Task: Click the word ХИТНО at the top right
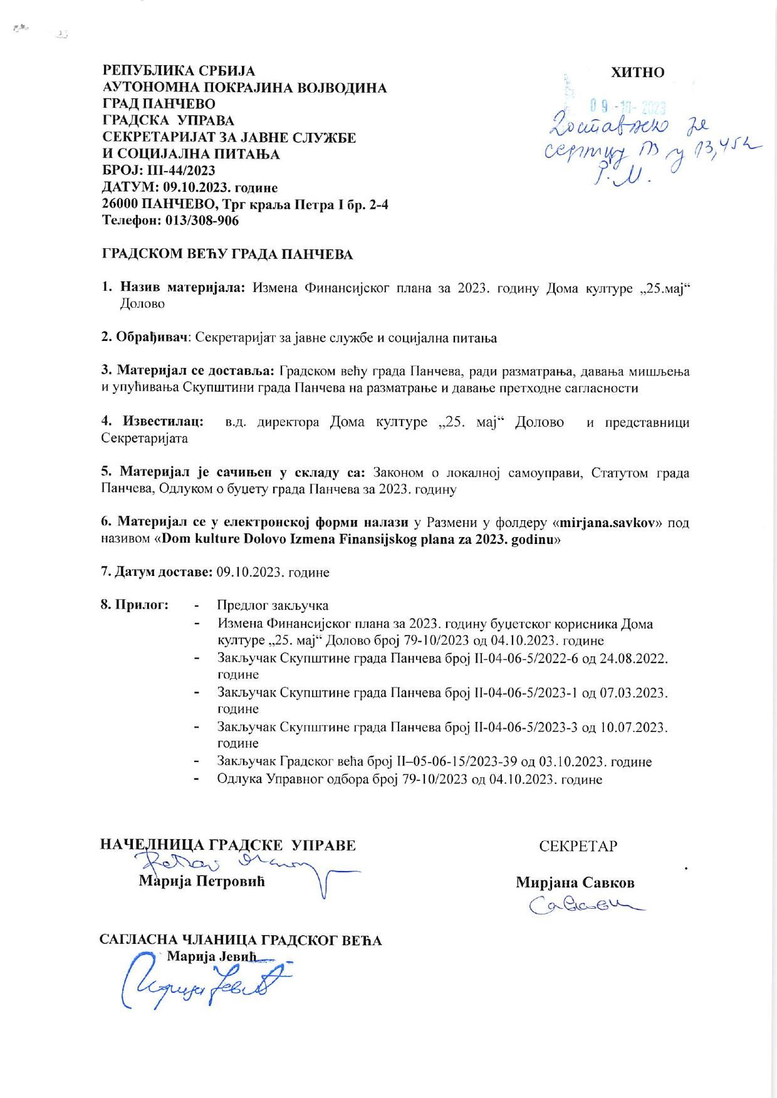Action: tap(637, 73)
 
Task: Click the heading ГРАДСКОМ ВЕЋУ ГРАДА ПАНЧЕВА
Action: tap(227, 254)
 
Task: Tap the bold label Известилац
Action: tap(163, 422)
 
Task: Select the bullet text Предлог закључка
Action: tap(273, 605)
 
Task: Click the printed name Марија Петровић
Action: tap(202, 881)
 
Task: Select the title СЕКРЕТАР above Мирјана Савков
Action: tap(578, 846)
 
